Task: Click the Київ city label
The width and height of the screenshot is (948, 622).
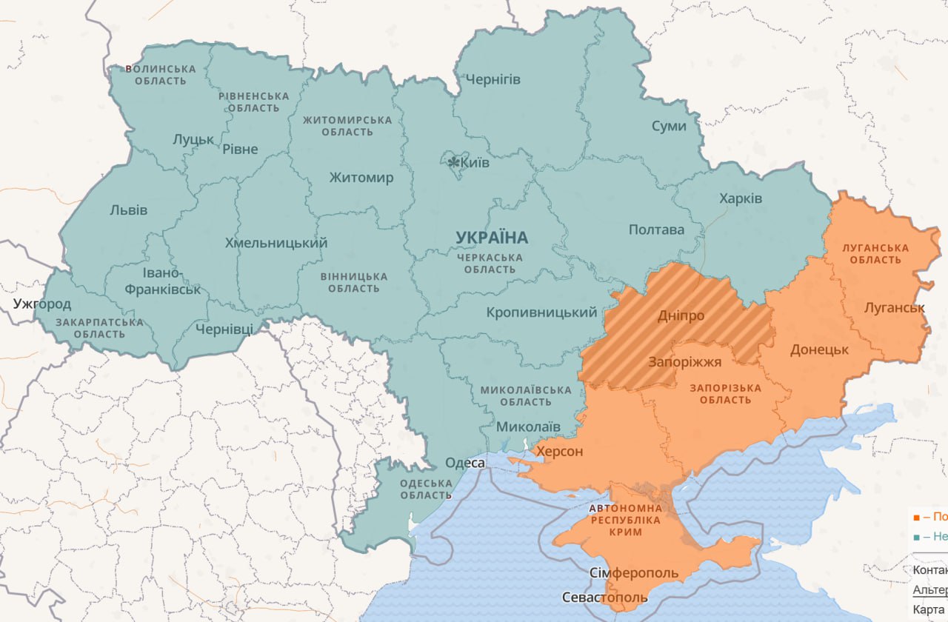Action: (475, 162)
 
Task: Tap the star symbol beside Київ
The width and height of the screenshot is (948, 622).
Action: (453, 161)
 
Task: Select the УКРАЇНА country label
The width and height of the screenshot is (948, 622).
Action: (492, 238)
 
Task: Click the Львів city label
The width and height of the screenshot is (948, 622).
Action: (128, 210)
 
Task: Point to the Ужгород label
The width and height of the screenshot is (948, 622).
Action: (42, 304)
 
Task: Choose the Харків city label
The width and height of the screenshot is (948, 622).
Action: (741, 199)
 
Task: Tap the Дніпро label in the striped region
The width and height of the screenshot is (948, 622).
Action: (681, 316)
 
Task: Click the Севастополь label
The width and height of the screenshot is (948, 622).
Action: (605, 598)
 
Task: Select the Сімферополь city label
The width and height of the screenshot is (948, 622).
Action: (634, 574)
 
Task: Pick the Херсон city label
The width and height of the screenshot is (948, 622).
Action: (559, 452)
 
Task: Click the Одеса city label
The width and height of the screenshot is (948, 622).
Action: (465, 464)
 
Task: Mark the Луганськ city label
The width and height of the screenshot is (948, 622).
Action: (895, 307)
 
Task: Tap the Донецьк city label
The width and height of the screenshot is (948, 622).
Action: (820, 350)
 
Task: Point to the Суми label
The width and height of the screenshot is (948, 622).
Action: (669, 126)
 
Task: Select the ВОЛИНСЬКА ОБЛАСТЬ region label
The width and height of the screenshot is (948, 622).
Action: (161, 75)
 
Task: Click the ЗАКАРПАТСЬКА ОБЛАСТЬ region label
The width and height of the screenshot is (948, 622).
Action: (99, 328)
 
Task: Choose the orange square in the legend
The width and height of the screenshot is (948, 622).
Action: (917, 518)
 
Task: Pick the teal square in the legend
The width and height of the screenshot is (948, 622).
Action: (917, 538)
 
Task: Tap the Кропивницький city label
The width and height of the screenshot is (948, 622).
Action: (541, 312)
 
